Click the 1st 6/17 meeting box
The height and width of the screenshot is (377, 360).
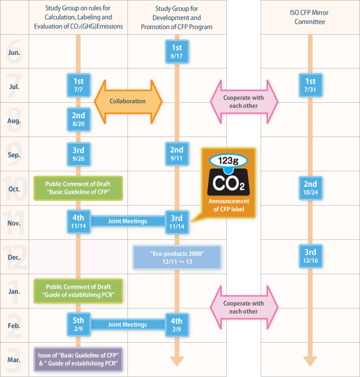tap(177, 51)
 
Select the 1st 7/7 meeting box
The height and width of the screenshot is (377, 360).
tap(79, 85)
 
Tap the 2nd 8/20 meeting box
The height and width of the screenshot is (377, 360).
tap(79, 119)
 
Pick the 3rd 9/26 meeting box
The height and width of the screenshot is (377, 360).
tap(79, 154)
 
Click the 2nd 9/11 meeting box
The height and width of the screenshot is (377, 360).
tap(177, 154)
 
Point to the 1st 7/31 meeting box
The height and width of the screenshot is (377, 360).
tap(310, 85)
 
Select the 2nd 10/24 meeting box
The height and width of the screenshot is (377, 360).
tap(310, 188)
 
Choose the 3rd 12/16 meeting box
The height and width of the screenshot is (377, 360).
tap(310, 256)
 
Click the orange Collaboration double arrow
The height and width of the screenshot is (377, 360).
tap(128, 102)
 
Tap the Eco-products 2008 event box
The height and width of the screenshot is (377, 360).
tap(177, 257)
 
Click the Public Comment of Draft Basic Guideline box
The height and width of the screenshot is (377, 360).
tap(78, 188)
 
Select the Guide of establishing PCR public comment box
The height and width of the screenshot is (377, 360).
tap(78, 291)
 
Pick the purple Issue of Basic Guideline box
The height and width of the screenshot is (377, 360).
tap(78, 359)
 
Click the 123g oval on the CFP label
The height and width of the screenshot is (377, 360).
tap(229, 161)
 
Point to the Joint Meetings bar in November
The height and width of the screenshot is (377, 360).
tap(127, 221)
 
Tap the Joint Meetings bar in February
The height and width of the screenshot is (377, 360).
tap(127, 324)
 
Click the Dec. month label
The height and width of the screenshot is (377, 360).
tap(14, 257)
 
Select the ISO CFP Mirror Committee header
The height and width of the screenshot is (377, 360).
tap(310, 17)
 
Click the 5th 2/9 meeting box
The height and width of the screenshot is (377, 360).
tap(79, 324)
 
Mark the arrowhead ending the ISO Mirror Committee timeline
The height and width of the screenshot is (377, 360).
tap(310, 361)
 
